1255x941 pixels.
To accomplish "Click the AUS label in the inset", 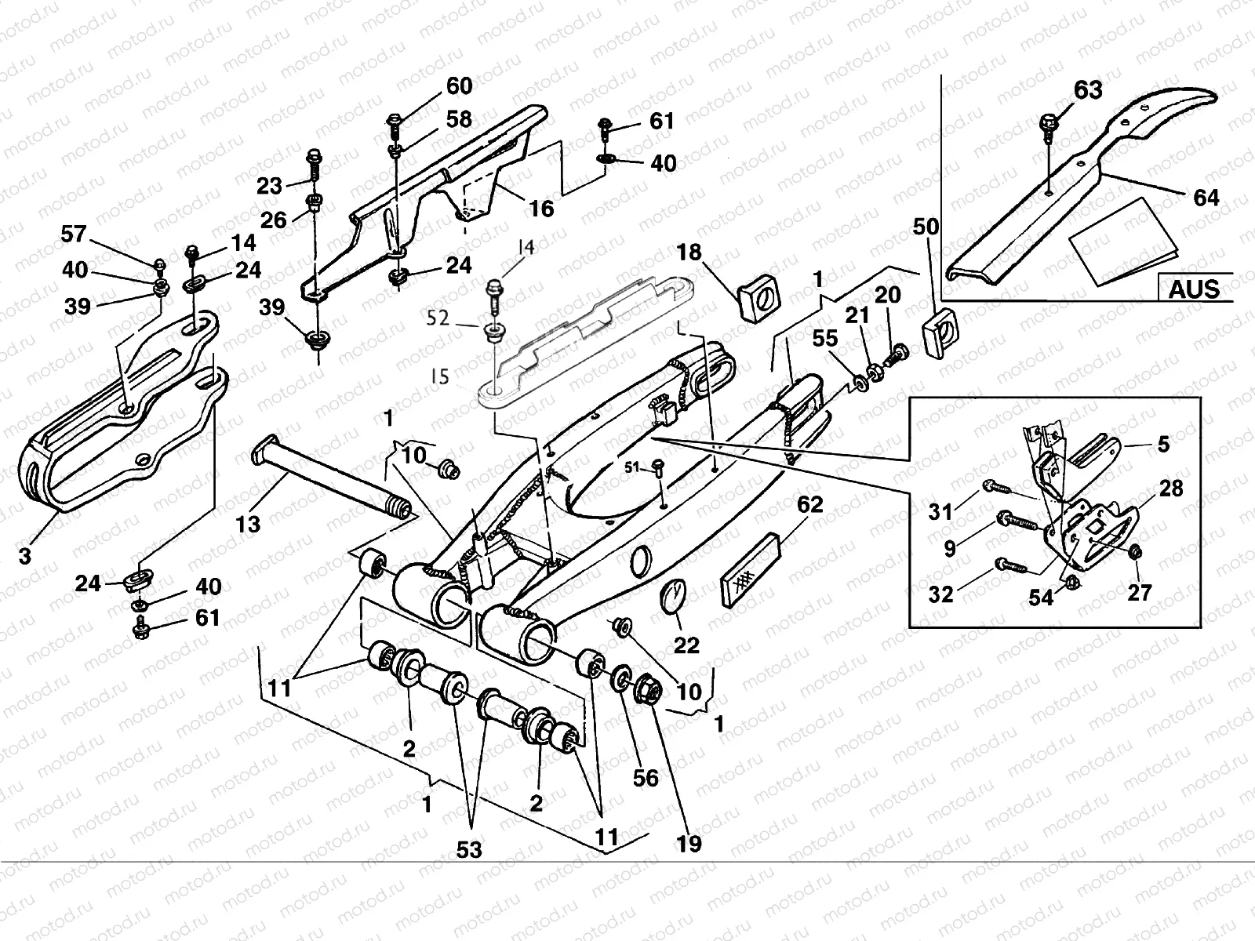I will tap(1194, 289).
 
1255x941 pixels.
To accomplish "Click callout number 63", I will tap(1087, 91).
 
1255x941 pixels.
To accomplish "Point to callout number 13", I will tap(248, 523).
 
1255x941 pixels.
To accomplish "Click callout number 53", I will tap(471, 849).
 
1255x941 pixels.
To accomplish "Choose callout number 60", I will tap(460, 85).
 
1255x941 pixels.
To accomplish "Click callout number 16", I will tap(541, 208).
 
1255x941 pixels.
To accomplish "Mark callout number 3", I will tap(25, 556).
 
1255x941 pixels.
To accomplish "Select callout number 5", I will tap(1163, 444).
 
